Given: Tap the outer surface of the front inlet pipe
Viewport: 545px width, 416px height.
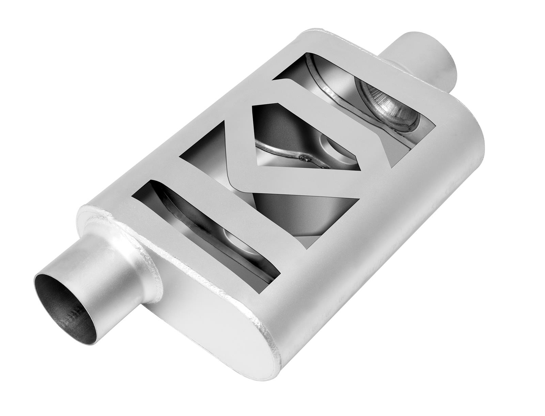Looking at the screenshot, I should pyautogui.click(x=102, y=279).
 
